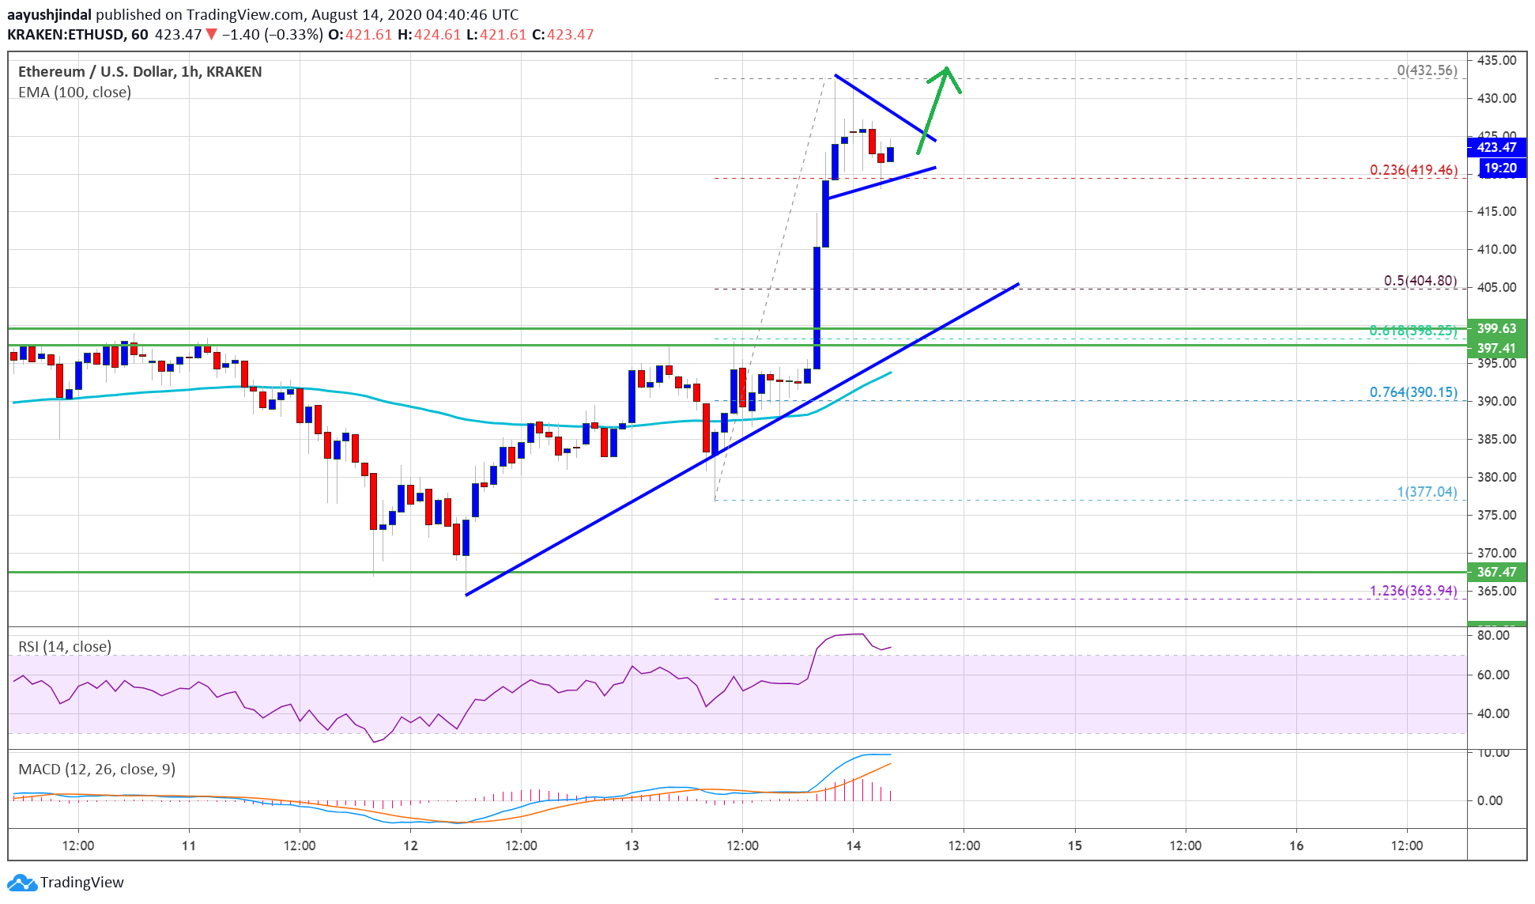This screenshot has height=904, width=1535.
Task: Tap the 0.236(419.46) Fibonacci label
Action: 1413,170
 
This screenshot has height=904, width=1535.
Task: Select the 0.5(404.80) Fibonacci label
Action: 1420,281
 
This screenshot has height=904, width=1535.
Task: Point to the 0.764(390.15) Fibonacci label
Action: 1413,392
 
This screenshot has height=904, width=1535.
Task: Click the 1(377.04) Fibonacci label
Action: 1427,492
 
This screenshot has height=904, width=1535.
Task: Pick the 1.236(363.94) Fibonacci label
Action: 1413,591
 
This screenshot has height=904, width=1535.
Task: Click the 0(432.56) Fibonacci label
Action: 1427,70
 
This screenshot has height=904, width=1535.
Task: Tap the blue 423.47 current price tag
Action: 1496,147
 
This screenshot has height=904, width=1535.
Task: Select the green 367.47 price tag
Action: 1496,572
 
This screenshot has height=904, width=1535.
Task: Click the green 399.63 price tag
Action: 1496,328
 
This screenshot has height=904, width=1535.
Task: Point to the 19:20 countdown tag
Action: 1499,168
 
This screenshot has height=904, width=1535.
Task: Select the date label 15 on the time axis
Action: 1075,845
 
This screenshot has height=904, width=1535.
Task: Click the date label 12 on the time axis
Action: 410,845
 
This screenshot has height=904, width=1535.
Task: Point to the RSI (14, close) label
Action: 65,646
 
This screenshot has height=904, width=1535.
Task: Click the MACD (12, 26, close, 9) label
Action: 96,769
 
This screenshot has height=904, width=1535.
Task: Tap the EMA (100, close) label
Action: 74,92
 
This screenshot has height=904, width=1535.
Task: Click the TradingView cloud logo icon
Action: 21,883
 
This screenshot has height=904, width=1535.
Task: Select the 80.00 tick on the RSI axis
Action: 1492,635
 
